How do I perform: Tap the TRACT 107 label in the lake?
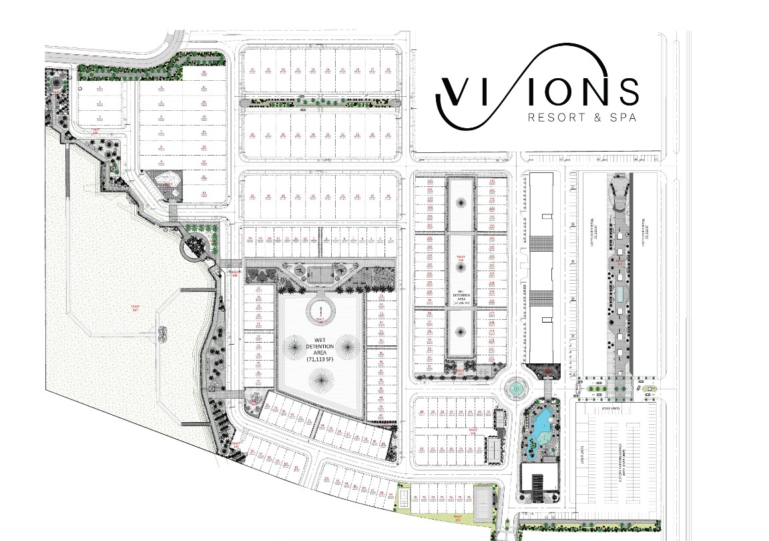coord(134,309)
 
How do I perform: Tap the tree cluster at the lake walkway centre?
coord(163,331)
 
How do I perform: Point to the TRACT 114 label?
coord(473,431)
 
